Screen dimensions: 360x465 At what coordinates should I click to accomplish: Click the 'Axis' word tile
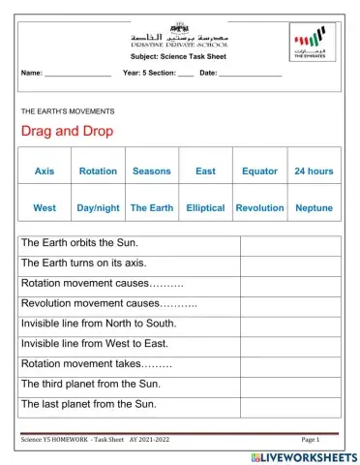pos(45,171)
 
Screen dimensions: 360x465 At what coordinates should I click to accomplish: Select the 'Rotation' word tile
pos(98,171)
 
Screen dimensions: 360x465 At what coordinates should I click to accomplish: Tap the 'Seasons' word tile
pos(151,171)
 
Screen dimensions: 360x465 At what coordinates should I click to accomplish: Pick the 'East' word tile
pos(205,171)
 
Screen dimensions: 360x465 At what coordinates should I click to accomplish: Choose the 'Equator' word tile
pos(259,171)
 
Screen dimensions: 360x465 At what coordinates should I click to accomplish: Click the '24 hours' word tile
pos(314,171)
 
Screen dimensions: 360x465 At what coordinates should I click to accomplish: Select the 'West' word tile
pos(45,207)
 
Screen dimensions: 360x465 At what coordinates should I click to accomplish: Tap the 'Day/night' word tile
pos(98,207)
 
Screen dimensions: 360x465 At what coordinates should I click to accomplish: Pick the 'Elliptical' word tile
pos(205,207)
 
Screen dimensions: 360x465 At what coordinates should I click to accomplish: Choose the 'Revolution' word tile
pos(259,207)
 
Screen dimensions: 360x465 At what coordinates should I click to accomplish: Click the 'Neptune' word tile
pos(314,207)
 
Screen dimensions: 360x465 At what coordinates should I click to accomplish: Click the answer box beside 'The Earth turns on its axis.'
pos(289,263)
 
